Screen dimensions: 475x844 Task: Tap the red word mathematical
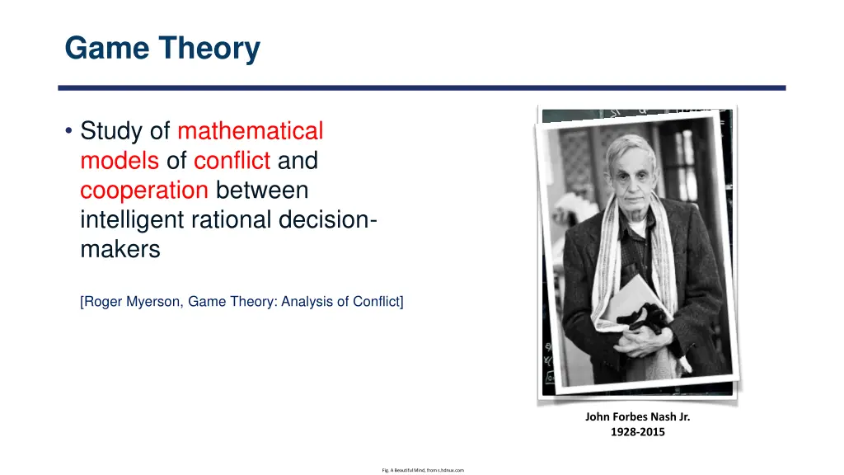click(x=250, y=131)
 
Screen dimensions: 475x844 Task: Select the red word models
click(x=119, y=161)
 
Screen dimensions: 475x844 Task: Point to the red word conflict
click(x=232, y=161)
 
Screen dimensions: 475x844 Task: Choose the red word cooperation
click(x=143, y=190)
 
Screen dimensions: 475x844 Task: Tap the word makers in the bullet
click(x=120, y=250)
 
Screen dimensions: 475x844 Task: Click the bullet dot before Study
click(x=68, y=132)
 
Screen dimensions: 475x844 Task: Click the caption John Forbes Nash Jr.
click(x=637, y=417)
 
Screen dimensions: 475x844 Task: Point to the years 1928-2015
click(x=637, y=432)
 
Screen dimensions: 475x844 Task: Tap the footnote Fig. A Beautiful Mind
click(x=423, y=470)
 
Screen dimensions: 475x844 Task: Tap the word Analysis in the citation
click(x=308, y=302)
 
